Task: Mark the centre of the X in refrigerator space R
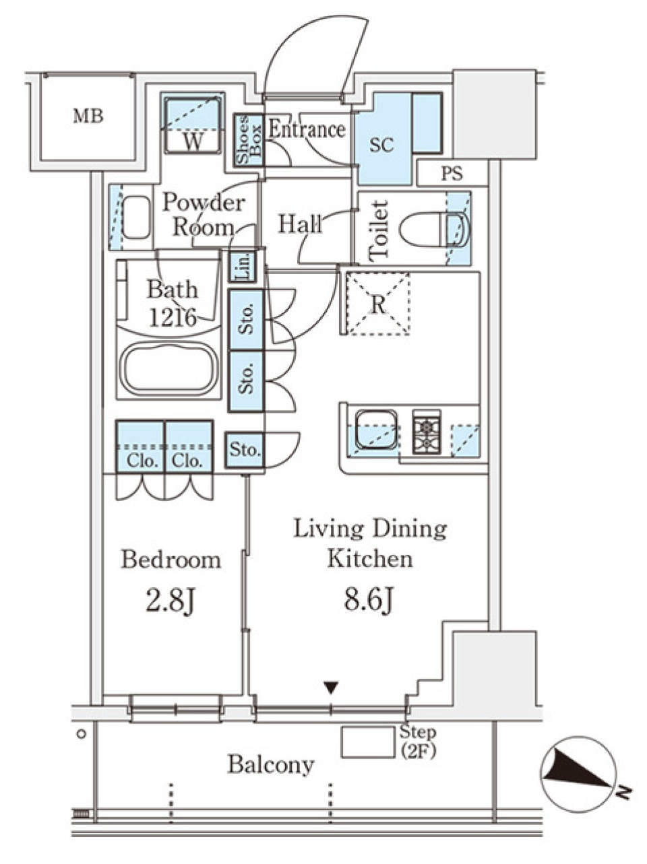[x=379, y=304]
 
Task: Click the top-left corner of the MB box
[x=41, y=74]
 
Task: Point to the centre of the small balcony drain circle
[x=82, y=734]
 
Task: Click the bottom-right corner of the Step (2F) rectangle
[x=394, y=757]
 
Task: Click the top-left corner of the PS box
[x=417, y=160]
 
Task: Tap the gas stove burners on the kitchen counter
[x=427, y=432]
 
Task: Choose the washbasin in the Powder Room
[x=136, y=217]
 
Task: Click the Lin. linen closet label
[x=243, y=267]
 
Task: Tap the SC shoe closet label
[x=381, y=145]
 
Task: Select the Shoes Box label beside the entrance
[x=249, y=140]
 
